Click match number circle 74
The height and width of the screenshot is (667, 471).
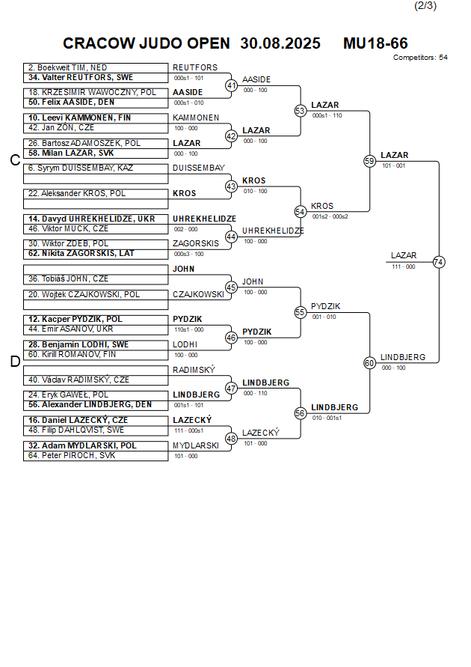(439, 262)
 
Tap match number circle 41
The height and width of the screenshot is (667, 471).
(232, 85)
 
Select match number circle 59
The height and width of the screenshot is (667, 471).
(369, 161)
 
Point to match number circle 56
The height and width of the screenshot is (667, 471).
(301, 413)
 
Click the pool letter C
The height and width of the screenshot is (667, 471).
(14, 160)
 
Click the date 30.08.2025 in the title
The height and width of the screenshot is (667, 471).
(280, 43)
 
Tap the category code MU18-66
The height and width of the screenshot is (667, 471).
(375, 43)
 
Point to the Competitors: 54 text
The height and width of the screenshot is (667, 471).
(420, 58)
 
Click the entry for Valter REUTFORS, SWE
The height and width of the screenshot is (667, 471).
(81, 77)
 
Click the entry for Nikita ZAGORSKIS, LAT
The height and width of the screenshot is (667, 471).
(81, 253)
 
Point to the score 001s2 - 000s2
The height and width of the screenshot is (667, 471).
(330, 216)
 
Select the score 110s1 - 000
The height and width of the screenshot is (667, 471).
(188, 329)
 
